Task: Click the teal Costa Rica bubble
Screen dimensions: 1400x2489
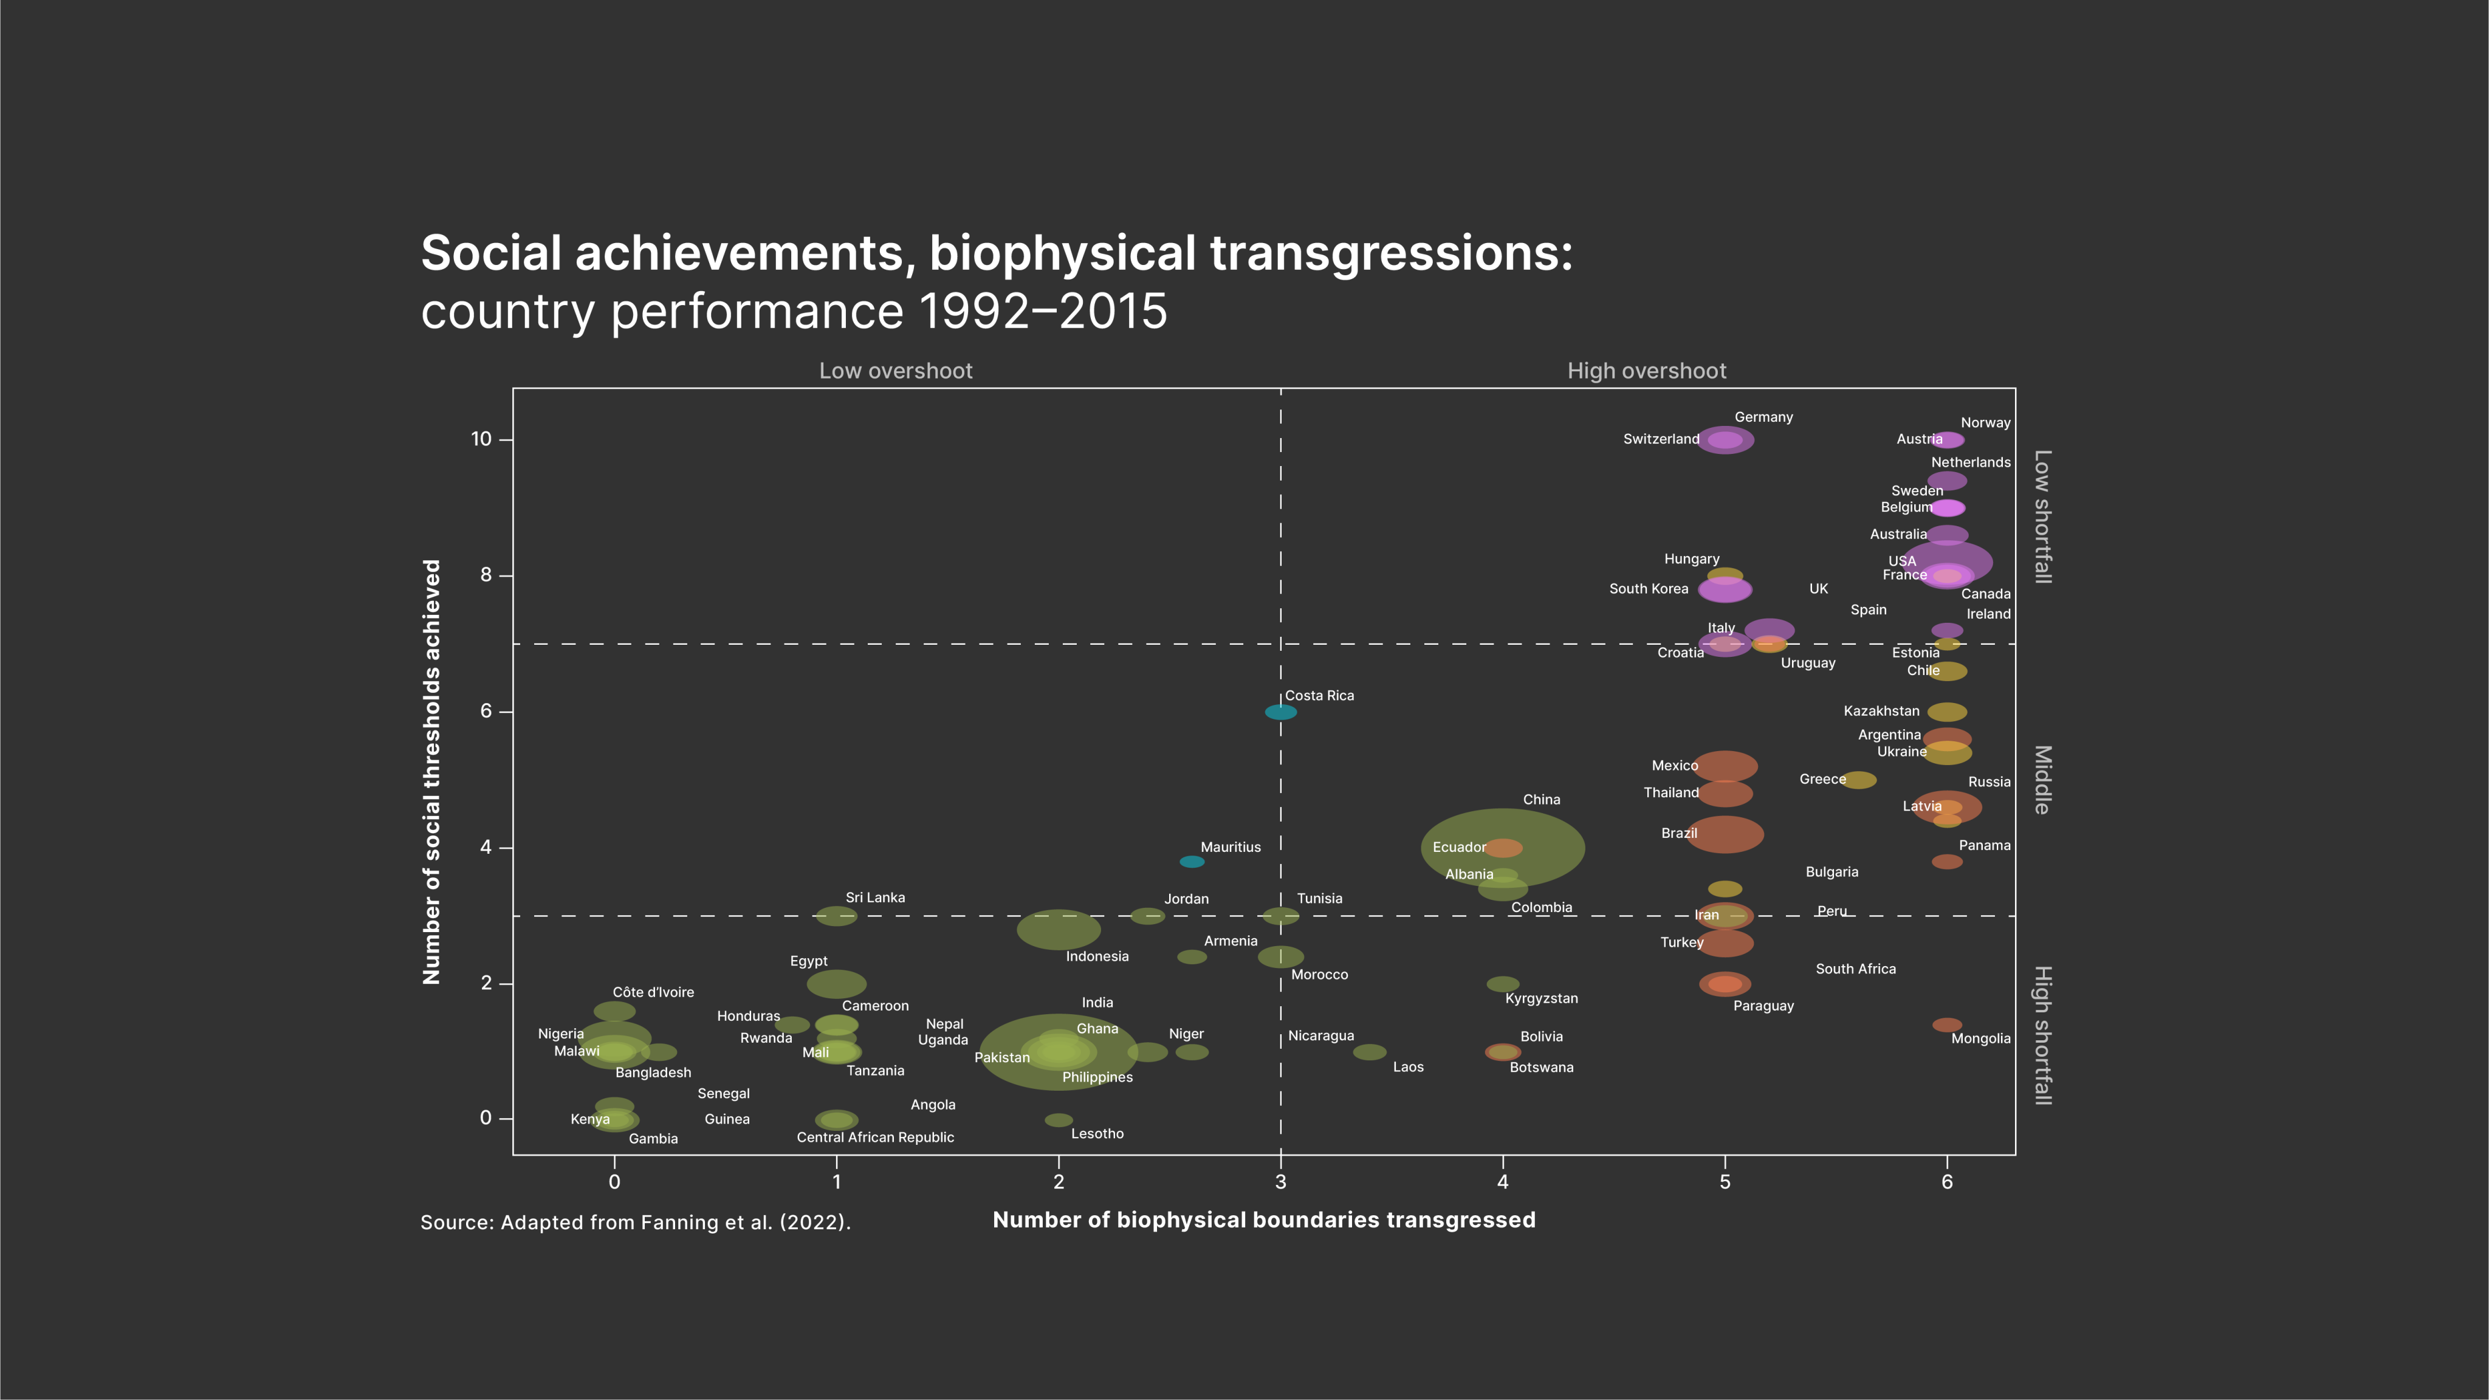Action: pos(1280,712)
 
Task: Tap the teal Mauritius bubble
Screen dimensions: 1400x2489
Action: pos(1192,862)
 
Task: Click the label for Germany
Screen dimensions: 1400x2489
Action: pos(1763,417)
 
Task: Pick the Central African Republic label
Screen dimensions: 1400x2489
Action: pos(874,1137)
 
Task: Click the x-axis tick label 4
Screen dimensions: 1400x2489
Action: pos(1503,1182)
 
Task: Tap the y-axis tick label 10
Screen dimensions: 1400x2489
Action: pos(481,439)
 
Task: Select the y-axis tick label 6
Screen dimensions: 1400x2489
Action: pos(486,711)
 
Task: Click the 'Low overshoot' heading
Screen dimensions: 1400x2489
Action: pos(896,371)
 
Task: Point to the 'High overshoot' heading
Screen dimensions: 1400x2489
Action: pos(1646,371)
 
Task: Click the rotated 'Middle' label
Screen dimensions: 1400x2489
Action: pos(2042,780)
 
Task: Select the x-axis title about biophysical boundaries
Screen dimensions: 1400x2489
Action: pos(1264,1220)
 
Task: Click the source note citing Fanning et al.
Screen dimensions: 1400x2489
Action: pos(636,1222)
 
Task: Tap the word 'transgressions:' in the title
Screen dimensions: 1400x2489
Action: pos(1392,253)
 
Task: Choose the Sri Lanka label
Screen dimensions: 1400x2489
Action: pos(874,897)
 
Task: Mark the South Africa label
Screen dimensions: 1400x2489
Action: pos(1855,969)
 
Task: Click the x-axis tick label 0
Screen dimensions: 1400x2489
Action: pos(614,1182)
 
